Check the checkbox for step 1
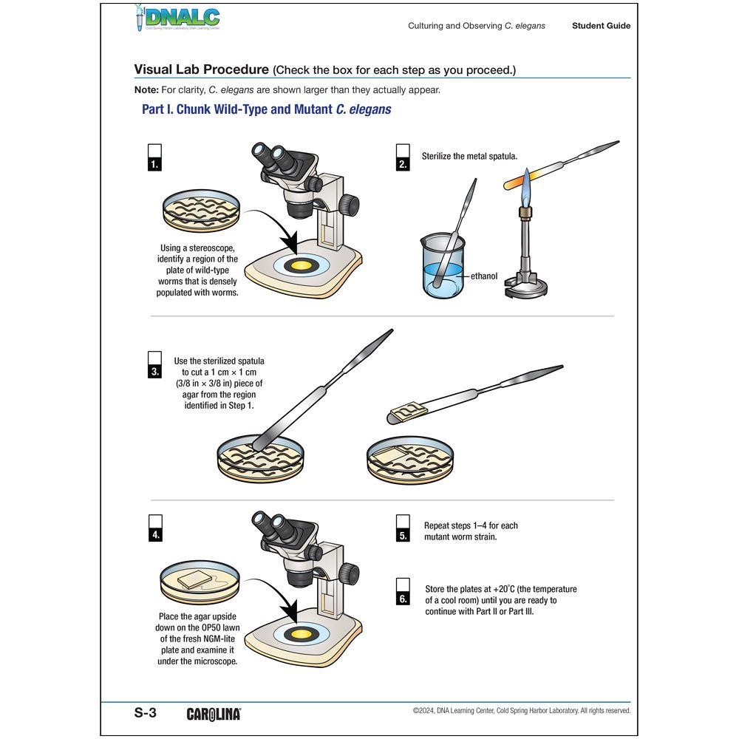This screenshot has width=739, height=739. pyautogui.click(x=154, y=150)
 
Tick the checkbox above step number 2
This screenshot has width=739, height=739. pyautogui.click(x=403, y=150)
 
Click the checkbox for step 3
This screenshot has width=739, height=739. pyautogui.click(x=154, y=358)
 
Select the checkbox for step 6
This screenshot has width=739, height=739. pyautogui.click(x=403, y=584)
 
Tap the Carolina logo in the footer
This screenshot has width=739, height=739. pyautogui.click(x=214, y=714)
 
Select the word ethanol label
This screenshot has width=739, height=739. pyautogui.click(x=484, y=276)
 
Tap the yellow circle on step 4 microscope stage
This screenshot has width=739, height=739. pyautogui.click(x=302, y=635)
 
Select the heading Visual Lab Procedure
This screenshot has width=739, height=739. pyautogui.click(x=201, y=69)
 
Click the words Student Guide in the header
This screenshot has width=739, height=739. pyautogui.click(x=601, y=26)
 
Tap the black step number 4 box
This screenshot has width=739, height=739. pyautogui.click(x=155, y=536)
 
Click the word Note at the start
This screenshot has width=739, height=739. pyautogui.click(x=146, y=90)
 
